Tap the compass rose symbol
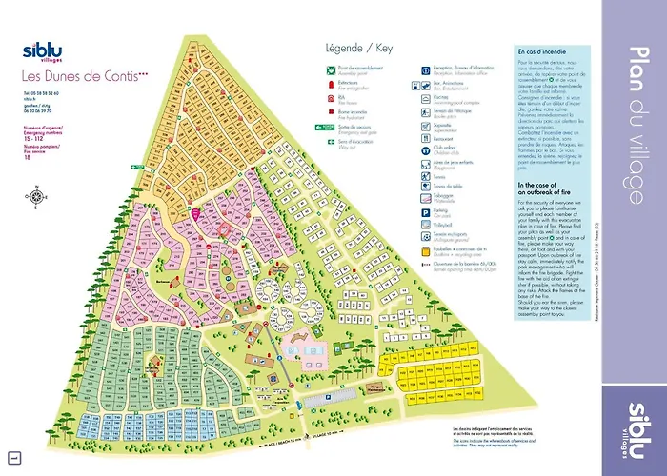(x=36, y=197)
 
